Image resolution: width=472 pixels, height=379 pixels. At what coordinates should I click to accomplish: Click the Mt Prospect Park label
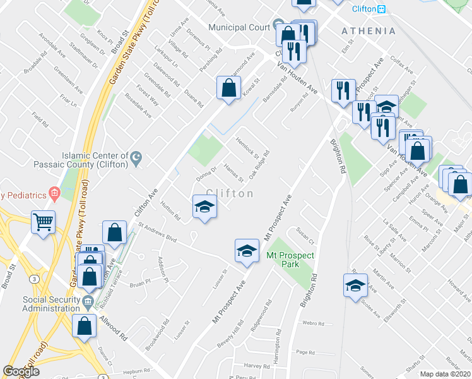coord(290,260)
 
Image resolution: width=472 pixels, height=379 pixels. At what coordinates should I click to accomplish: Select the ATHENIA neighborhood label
coord(369,31)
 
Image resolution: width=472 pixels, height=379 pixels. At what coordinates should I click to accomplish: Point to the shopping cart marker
coord(44,221)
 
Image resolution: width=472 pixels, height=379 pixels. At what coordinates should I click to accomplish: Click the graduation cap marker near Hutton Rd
coord(204,207)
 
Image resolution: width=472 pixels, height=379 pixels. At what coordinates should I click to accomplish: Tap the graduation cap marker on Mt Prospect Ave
coord(247,251)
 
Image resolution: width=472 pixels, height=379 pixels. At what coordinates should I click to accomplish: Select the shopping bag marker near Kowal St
coord(228,88)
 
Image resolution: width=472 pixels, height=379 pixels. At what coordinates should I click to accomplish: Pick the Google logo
coord(21,371)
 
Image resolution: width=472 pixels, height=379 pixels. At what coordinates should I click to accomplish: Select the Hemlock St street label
coord(247,148)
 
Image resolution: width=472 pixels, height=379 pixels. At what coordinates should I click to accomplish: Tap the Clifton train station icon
coord(381,9)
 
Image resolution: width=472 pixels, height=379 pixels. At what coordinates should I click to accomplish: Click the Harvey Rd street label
coord(252,366)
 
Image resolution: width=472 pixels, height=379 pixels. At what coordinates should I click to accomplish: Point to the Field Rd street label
coord(40,117)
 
